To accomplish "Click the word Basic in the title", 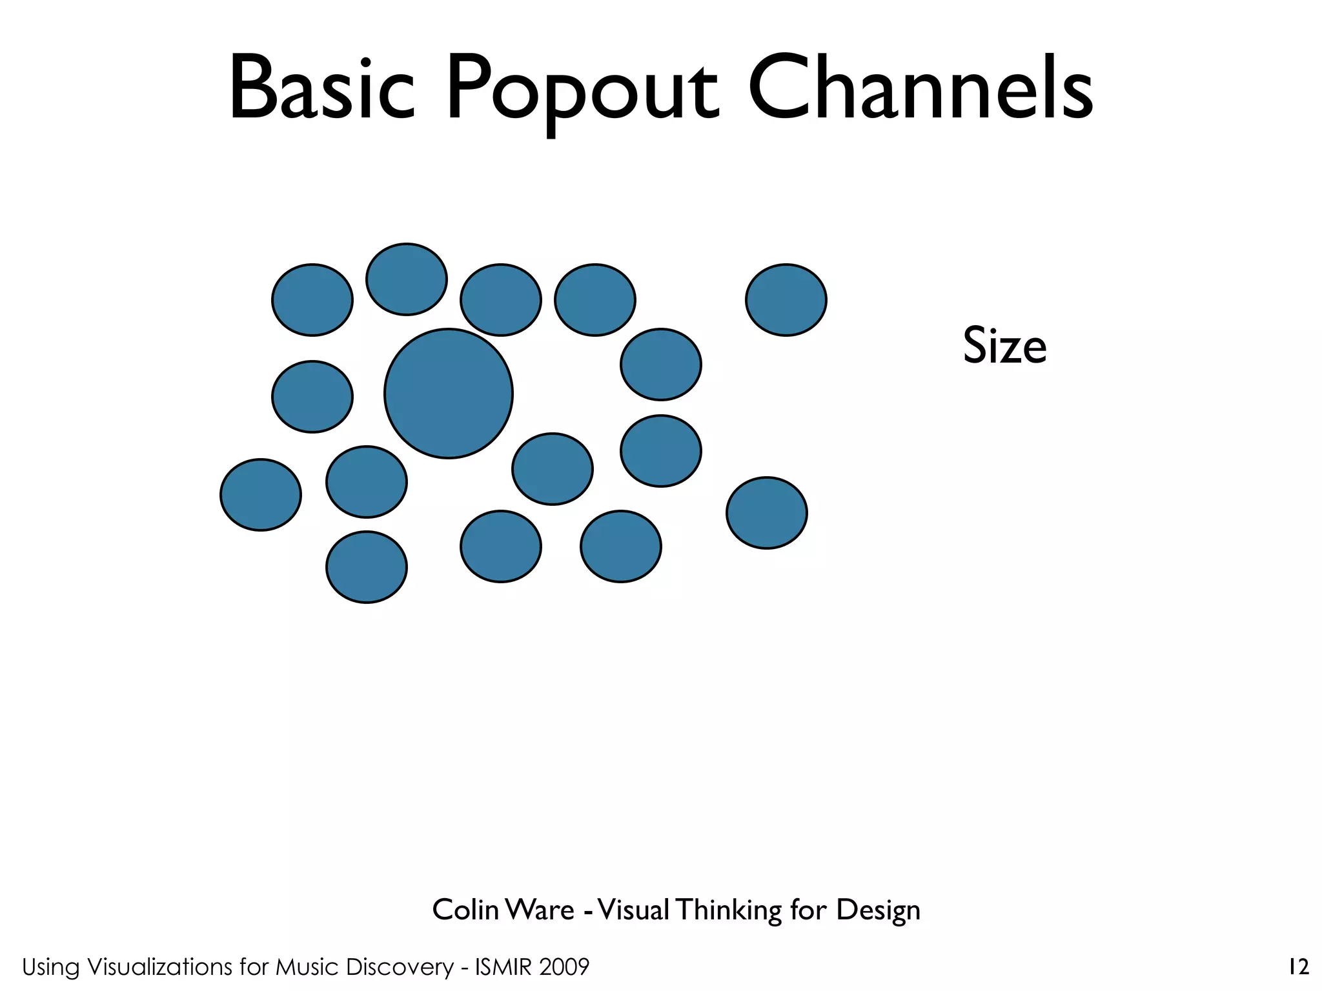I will point(321,88).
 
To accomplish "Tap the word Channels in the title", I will point(920,88).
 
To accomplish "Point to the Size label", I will point(1004,346).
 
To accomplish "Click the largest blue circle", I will point(448,394).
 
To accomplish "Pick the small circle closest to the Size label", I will point(786,299).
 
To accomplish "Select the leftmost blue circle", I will point(261,495).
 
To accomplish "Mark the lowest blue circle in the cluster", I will point(367,567).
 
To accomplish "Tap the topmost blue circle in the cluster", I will point(407,279).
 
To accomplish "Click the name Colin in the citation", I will point(465,910).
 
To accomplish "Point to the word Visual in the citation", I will point(634,910).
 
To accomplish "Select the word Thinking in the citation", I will point(729,911).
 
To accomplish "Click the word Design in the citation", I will point(878,911).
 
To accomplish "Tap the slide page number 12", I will point(1298,967).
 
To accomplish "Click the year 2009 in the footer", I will point(565,967).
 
